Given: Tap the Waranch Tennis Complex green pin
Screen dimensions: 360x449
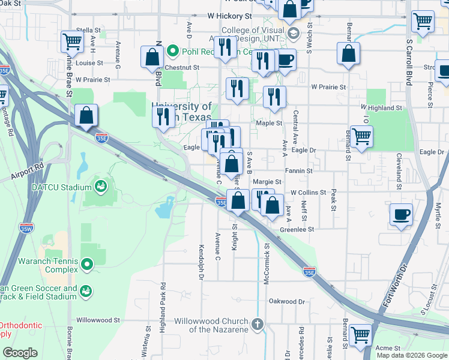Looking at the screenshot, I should click(x=88, y=264).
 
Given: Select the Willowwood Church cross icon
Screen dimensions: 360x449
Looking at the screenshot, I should click(x=258, y=325).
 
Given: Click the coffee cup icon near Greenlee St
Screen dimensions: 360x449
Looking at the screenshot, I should click(x=401, y=214).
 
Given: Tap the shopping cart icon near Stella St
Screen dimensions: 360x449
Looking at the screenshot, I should click(x=72, y=41).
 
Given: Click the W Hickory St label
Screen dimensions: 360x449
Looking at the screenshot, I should click(x=229, y=16).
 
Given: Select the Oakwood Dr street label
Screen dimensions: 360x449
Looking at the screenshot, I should click(x=287, y=301).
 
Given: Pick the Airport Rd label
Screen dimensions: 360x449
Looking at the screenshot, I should click(x=27, y=170).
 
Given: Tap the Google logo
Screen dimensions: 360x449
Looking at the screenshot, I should click(x=20, y=352).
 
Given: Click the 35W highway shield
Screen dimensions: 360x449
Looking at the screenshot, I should click(x=26, y=228).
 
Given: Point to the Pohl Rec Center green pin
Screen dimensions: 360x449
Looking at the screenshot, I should click(x=172, y=50).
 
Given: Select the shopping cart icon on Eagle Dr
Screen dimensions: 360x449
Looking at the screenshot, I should click(x=361, y=136).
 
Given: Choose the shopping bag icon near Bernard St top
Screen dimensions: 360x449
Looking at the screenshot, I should click(x=348, y=54).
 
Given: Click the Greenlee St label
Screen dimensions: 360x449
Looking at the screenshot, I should click(x=297, y=229).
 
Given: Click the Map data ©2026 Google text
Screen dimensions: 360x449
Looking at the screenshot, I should click(x=412, y=355).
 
